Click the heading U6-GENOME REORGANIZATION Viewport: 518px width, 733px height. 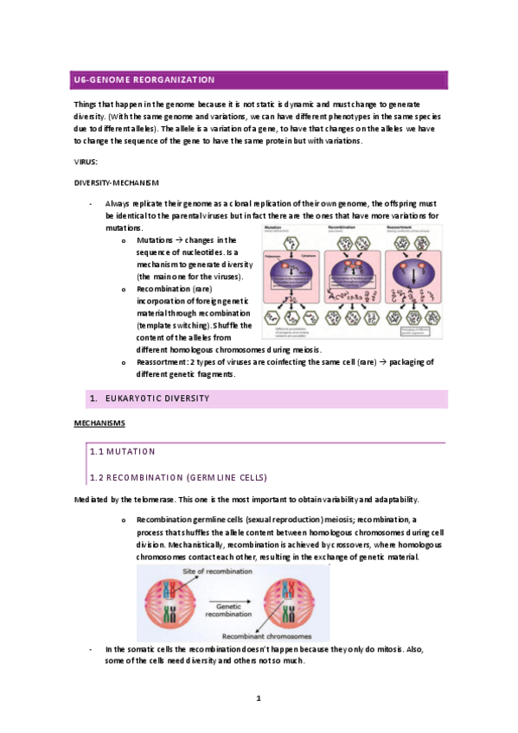pos(143,80)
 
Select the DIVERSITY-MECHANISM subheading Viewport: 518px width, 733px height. pos(117,182)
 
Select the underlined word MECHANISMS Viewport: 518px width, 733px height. pos(100,423)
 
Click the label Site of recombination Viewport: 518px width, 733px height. pos(214,573)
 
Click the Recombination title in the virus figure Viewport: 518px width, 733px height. pos(345,228)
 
